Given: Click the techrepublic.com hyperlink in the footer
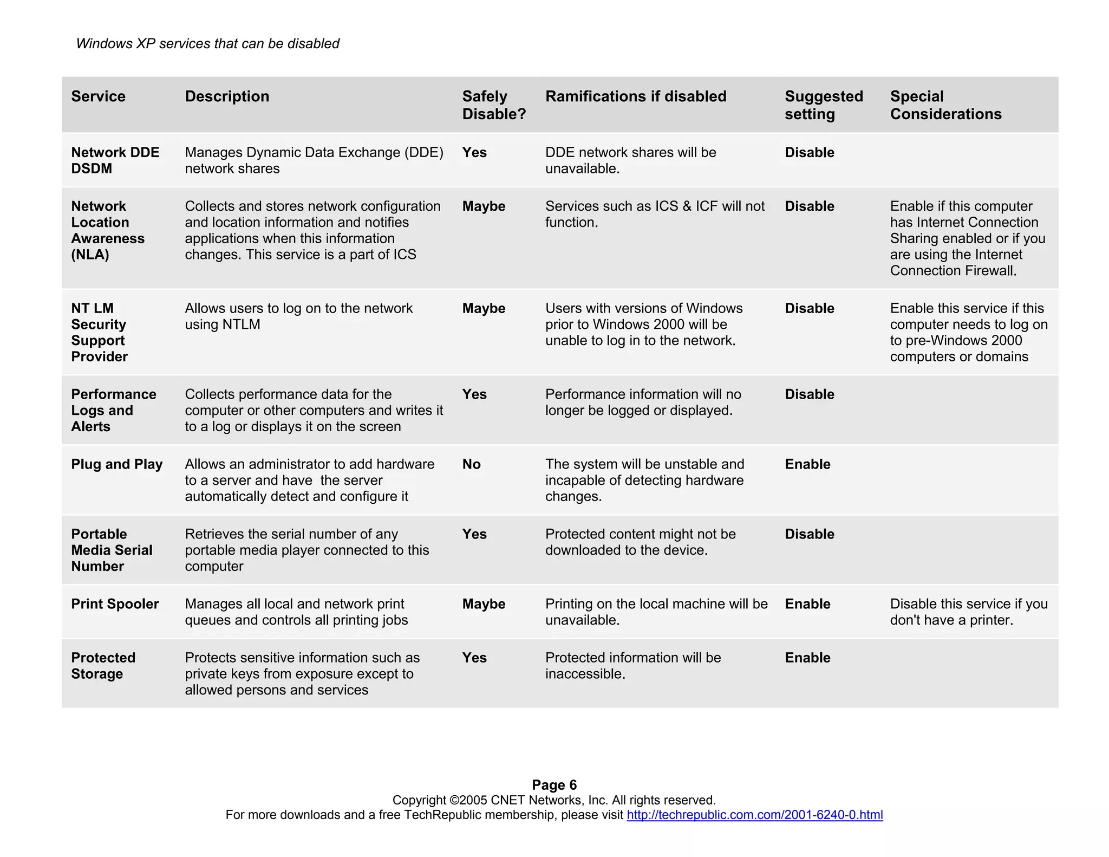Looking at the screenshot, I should click(754, 815).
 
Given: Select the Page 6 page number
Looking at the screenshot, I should click(554, 785).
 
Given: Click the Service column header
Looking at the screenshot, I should click(98, 96).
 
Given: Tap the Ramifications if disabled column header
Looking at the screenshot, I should click(636, 96).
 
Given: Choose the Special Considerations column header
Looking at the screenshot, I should click(945, 105).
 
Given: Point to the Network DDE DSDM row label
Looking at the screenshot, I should click(115, 160).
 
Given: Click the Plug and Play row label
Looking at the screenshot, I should click(116, 464).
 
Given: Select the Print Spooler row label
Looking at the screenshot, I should click(115, 604).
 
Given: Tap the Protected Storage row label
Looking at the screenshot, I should click(103, 666).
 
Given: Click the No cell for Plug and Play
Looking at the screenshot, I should click(471, 464).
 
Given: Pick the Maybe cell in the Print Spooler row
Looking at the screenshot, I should click(484, 604).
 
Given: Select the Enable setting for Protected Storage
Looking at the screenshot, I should click(807, 658).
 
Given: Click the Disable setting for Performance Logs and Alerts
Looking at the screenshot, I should click(809, 394).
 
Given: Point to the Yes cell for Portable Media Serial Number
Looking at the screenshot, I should click(474, 534).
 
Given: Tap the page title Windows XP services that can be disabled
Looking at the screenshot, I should click(207, 44).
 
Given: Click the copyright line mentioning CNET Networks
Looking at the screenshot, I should click(554, 800).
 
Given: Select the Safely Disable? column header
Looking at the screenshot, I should click(493, 105).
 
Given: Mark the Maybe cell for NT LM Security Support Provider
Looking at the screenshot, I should click(484, 308).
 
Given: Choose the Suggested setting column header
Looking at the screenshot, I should click(823, 105).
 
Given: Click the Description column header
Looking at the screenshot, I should click(227, 96).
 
